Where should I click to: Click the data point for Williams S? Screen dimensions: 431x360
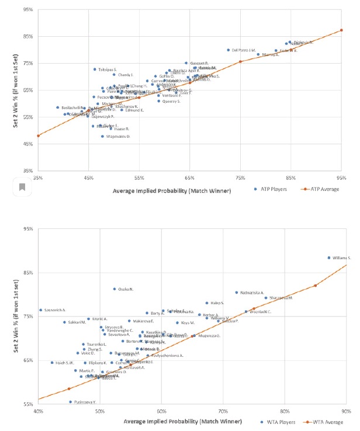click(329, 258)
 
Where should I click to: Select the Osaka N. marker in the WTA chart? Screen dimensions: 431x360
click(115, 289)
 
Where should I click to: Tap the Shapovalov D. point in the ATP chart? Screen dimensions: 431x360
click(102, 136)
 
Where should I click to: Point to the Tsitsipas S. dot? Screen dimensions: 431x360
click(95, 69)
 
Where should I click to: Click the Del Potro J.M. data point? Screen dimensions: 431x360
click(229, 50)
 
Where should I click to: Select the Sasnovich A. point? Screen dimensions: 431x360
click(40, 310)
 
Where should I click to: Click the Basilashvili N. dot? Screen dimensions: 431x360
click(57, 107)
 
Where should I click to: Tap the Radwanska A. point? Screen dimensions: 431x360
click(237, 293)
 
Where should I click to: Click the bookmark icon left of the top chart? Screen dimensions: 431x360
click(22, 187)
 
